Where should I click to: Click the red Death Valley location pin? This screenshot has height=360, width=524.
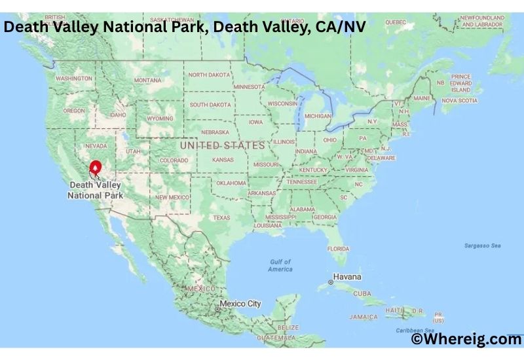pos(96,169)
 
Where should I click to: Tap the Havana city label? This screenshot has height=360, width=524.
pos(347,277)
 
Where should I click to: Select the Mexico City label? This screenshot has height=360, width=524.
pos(240,304)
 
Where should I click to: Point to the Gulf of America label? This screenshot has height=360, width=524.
pos(280,266)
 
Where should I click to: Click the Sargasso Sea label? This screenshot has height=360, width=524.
pos(482,245)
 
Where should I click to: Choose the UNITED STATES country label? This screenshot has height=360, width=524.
pos(222,145)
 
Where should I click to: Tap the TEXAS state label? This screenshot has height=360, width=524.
pos(221,218)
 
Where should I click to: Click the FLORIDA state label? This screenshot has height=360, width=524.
pos(338,249)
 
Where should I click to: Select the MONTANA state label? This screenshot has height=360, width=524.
pos(147,80)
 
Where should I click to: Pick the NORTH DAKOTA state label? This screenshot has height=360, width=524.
pos(210,75)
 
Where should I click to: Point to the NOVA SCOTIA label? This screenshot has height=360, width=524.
pos(459,101)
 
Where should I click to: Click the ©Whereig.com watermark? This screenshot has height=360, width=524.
pos(466,339)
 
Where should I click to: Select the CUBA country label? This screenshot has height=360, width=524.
pos(362,294)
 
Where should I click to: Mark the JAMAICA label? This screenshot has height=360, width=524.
pos(364,317)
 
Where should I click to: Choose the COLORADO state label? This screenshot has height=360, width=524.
pos(174,160)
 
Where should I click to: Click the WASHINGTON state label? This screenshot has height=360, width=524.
pos(74,79)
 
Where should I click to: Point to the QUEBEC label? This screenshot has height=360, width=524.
pos(396,22)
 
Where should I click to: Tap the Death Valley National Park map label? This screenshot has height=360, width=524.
pos(96,190)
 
